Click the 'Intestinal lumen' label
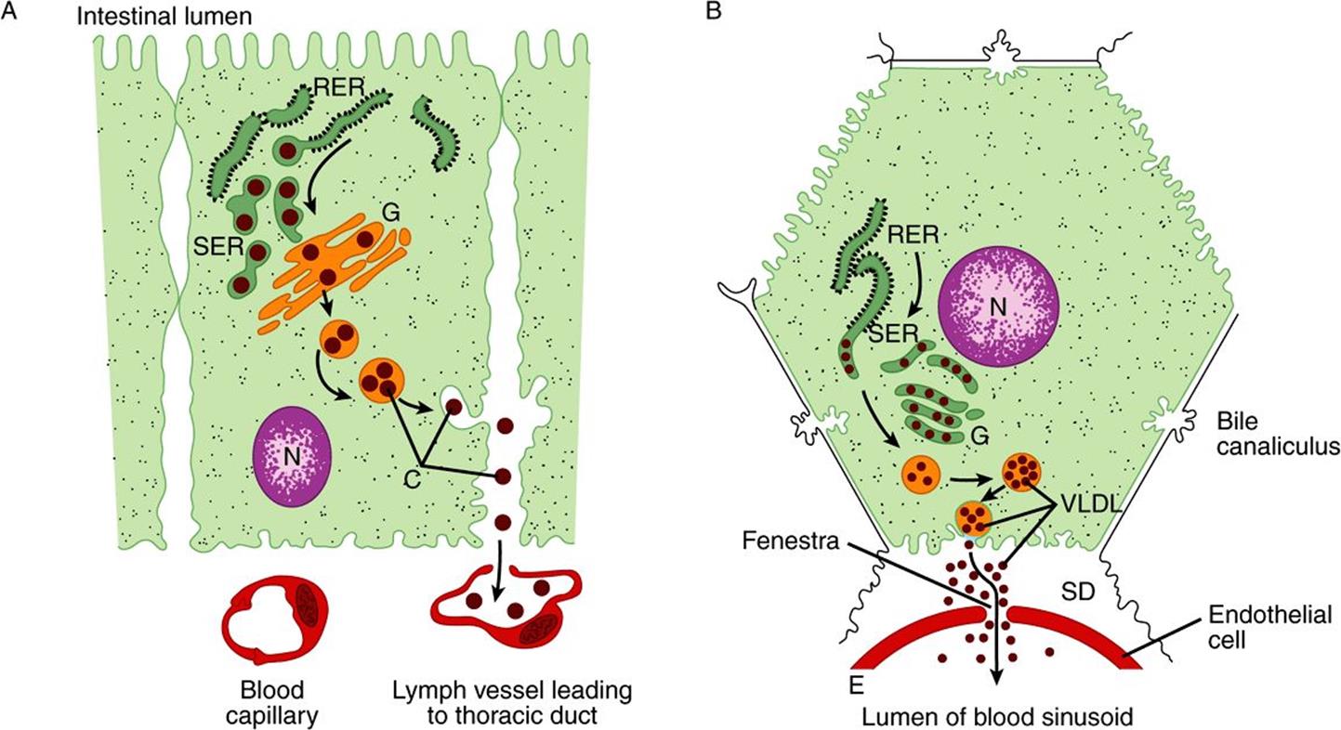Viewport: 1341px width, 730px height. pos(164,16)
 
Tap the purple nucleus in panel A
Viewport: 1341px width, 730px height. pos(292,457)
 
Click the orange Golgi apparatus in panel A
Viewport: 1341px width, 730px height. pos(335,263)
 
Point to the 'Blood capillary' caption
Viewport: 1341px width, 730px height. pos(272,702)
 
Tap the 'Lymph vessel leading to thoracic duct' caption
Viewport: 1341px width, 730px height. pos(512,702)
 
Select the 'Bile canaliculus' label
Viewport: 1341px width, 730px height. pos(1277,434)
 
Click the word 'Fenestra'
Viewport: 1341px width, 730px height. pos(790,541)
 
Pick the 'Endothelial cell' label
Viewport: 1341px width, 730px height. pos(1269,627)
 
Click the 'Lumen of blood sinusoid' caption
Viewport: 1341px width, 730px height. pos(998,716)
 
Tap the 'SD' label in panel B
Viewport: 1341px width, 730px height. pos(1078,593)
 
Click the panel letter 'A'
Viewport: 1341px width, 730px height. pos(8,11)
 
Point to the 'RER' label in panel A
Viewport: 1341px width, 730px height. pos(339,88)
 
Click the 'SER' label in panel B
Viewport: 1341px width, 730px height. pos(892,333)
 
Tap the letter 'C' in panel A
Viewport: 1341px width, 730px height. pos(412,479)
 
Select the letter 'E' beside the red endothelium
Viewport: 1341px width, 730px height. pos(857,685)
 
